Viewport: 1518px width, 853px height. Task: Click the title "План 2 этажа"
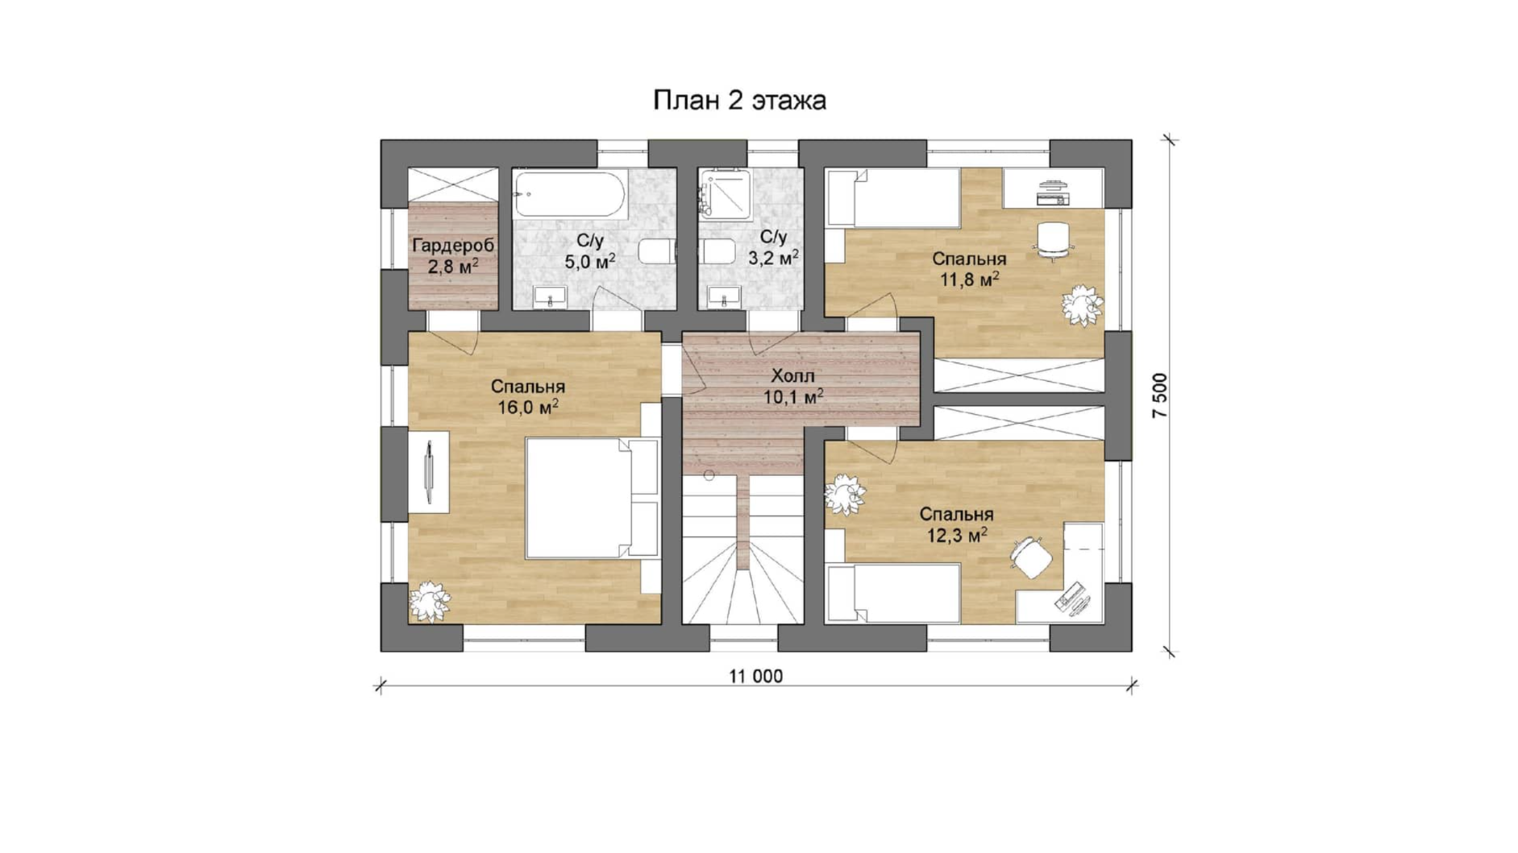click(739, 101)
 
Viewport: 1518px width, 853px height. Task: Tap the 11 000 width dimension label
click(756, 677)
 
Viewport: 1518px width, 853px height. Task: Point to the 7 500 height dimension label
click(1160, 395)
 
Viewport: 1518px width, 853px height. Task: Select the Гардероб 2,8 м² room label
click(452, 256)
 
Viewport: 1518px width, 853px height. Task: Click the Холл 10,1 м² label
click(793, 387)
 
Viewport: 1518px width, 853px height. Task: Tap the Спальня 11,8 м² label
click(969, 269)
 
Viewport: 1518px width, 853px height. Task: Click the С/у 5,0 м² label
click(590, 251)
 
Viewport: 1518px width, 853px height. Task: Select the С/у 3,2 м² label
click(773, 247)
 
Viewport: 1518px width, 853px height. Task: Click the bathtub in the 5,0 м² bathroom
click(570, 194)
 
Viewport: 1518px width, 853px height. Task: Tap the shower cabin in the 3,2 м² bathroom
click(726, 194)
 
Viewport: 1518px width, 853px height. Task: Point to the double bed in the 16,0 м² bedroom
click(592, 498)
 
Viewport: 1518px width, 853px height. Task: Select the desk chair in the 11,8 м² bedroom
click(1053, 240)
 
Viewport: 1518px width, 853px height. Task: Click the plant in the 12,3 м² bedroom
click(846, 495)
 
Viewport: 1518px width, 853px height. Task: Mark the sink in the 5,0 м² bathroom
click(550, 296)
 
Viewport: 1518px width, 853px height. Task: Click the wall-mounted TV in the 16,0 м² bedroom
click(429, 472)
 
